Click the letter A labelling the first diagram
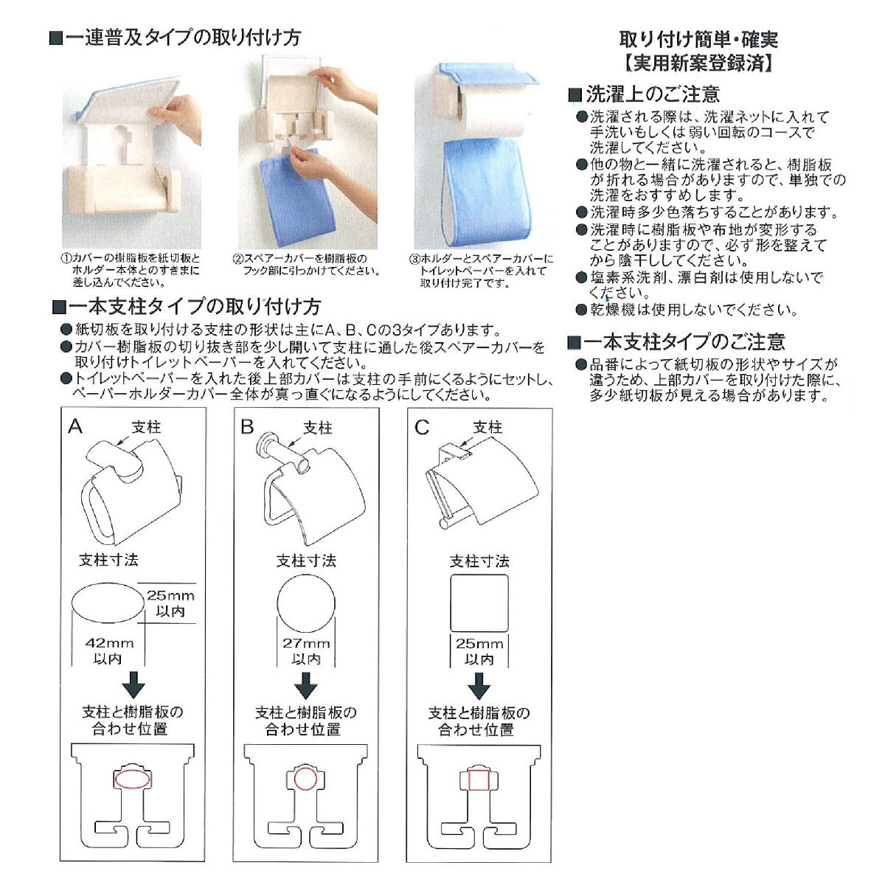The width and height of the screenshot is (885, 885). [74, 426]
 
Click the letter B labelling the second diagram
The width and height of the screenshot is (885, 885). [247, 427]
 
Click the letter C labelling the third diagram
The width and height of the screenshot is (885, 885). [422, 428]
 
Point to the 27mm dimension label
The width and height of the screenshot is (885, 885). [306, 643]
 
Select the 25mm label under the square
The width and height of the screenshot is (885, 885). [479, 643]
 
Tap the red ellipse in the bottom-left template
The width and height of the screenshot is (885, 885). [133, 779]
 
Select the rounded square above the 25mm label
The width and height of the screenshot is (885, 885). [479, 603]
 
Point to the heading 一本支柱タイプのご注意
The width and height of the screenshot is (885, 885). [684, 342]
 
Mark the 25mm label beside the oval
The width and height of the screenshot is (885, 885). [170, 595]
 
